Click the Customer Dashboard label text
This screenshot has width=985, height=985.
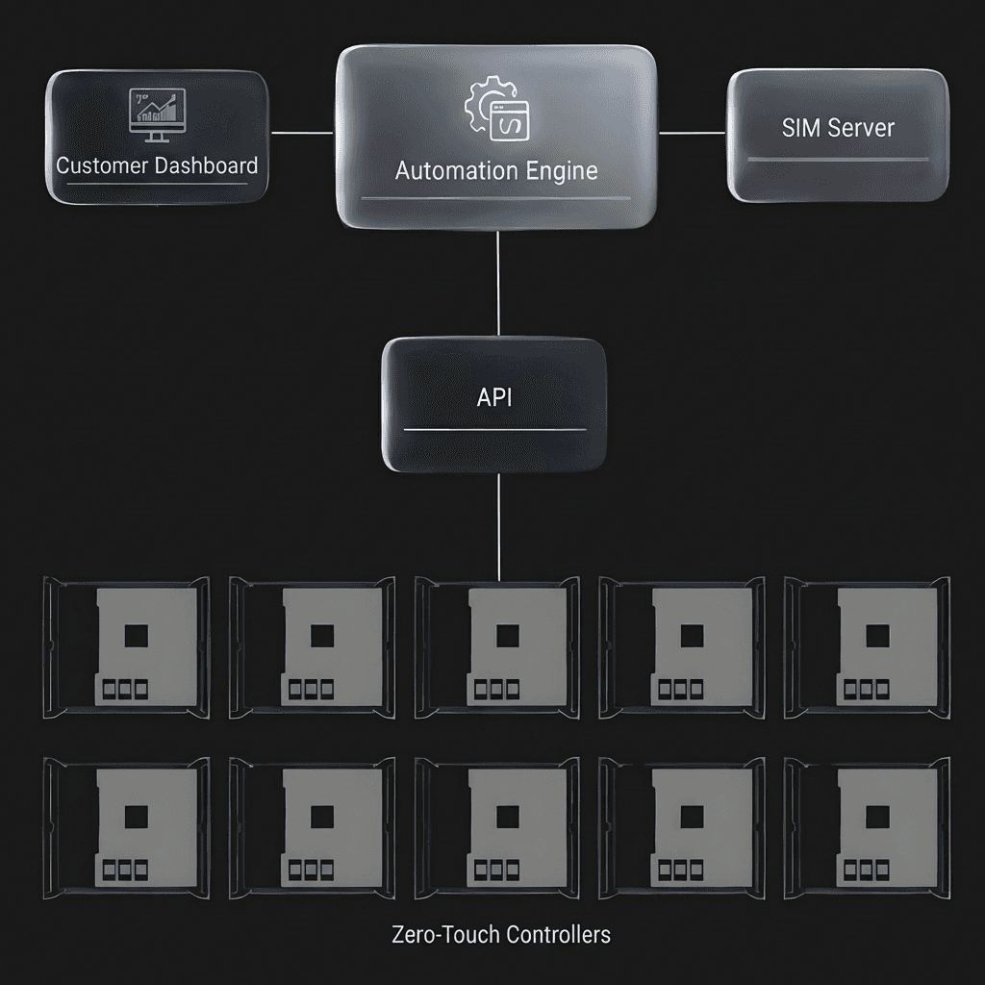pyautogui.click(x=157, y=165)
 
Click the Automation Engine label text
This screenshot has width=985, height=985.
pyautogui.click(x=496, y=171)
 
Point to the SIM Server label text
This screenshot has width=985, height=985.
pyautogui.click(x=838, y=128)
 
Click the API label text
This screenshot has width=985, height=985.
pyautogui.click(x=494, y=397)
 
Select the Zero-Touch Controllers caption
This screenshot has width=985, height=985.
pyautogui.click(x=501, y=934)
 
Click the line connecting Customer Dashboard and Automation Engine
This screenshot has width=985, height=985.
pyautogui.click(x=302, y=133)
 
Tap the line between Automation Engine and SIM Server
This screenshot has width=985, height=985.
pyautogui.click(x=692, y=133)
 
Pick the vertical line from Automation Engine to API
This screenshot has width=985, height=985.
pyautogui.click(x=497, y=284)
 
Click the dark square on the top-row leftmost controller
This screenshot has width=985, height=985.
pyautogui.click(x=137, y=635)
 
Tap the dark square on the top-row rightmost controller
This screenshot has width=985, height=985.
pyautogui.click(x=875, y=635)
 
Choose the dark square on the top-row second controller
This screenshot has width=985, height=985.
pyautogui.click(x=322, y=635)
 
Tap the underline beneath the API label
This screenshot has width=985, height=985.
pyautogui.click(x=494, y=430)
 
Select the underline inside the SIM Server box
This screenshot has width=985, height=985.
pyautogui.click(x=837, y=160)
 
